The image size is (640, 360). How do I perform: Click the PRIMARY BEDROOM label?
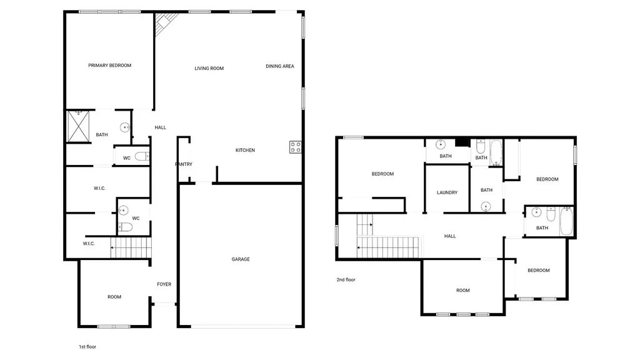pyautogui.click(x=110, y=65)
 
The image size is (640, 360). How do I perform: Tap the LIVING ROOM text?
pyautogui.click(x=209, y=69)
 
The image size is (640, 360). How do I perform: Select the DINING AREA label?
pyautogui.click(x=280, y=66)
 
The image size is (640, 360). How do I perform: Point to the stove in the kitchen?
pyautogui.click(x=296, y=147)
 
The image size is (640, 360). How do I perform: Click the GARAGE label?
pyautogui.click(x=241, y=259)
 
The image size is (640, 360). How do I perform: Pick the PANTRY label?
pyautogui.click(x=184, y=164)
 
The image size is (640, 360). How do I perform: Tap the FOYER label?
pyautogui.click(x=164, y=284)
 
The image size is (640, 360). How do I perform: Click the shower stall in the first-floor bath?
pyautogui.click(x=78, y=126)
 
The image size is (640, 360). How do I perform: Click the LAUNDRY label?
pyautogui.click(x=447, y=192)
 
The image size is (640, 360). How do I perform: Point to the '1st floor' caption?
pyautogui.click(x=87, y=347)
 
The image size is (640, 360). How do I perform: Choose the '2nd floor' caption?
pyautogui.click(x=346, y=280)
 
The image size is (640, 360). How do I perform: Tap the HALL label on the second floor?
pyautogui.click(x=450, y=236)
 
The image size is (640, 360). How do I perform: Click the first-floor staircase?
pyautogui.click(x=131, y=247)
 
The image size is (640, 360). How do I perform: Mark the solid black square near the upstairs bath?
pyautogui.click(x=462, y=142)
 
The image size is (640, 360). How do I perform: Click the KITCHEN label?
pyautogui.click(x=245, y=150)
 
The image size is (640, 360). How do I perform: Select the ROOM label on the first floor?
pyautogui.click(x=114, y=297)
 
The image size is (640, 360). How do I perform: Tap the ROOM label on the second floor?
pyautogui.click(x=463, y=291)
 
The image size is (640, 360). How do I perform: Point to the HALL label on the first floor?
pyautogui.click(x=161, y=127)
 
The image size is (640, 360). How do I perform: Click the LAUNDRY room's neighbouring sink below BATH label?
pyautogui.click(x=486, y=206)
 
